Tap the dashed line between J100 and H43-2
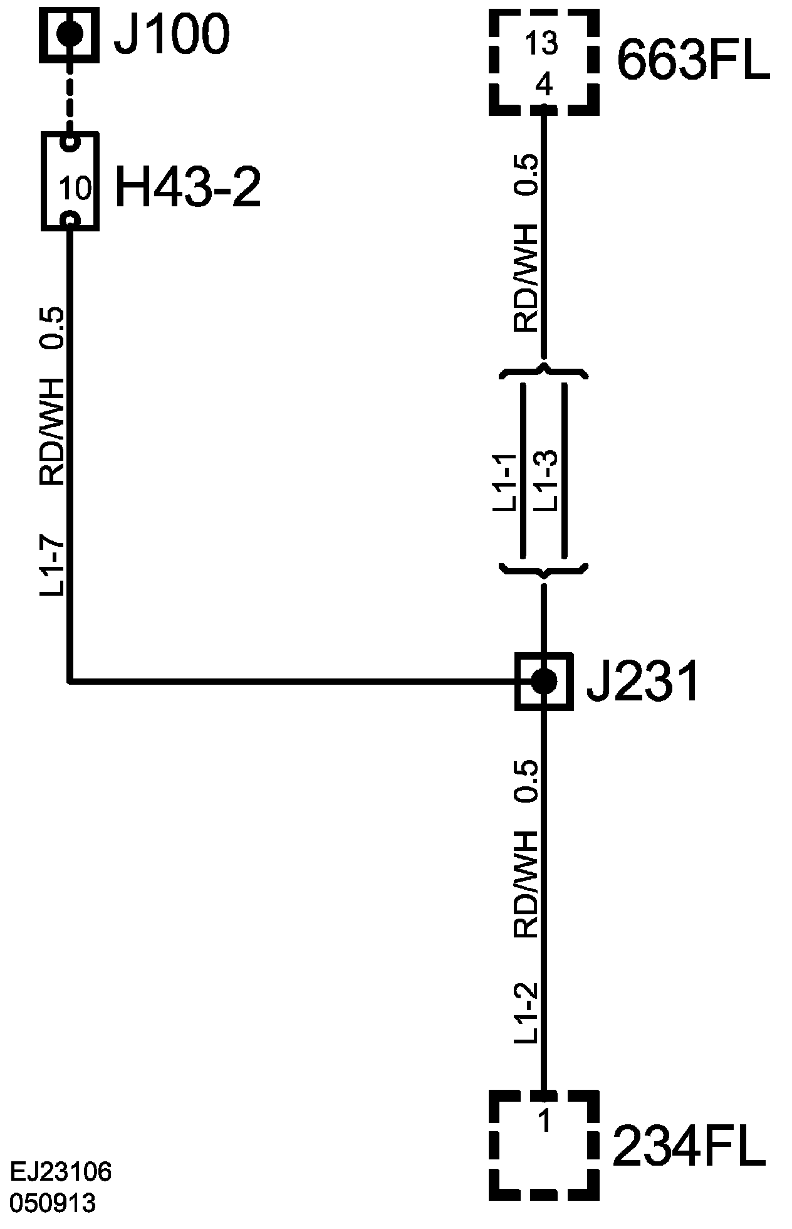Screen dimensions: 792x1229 pos(70,100)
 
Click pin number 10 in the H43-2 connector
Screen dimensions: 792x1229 pos(76,187)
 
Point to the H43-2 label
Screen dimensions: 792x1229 pos(188,187)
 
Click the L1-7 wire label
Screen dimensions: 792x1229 pos(53,566)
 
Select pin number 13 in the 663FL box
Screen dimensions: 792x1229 pos(543,44)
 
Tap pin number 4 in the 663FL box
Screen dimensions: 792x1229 pos(544,84)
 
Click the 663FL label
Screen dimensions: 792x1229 pos(694,61)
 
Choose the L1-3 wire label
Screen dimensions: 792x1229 pos(545,482)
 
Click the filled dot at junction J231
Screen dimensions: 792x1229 pos(543,680)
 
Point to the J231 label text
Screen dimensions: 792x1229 pos(642,682)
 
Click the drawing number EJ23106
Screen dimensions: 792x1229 pos(61,1171)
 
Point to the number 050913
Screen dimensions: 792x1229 pos(53,1203)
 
